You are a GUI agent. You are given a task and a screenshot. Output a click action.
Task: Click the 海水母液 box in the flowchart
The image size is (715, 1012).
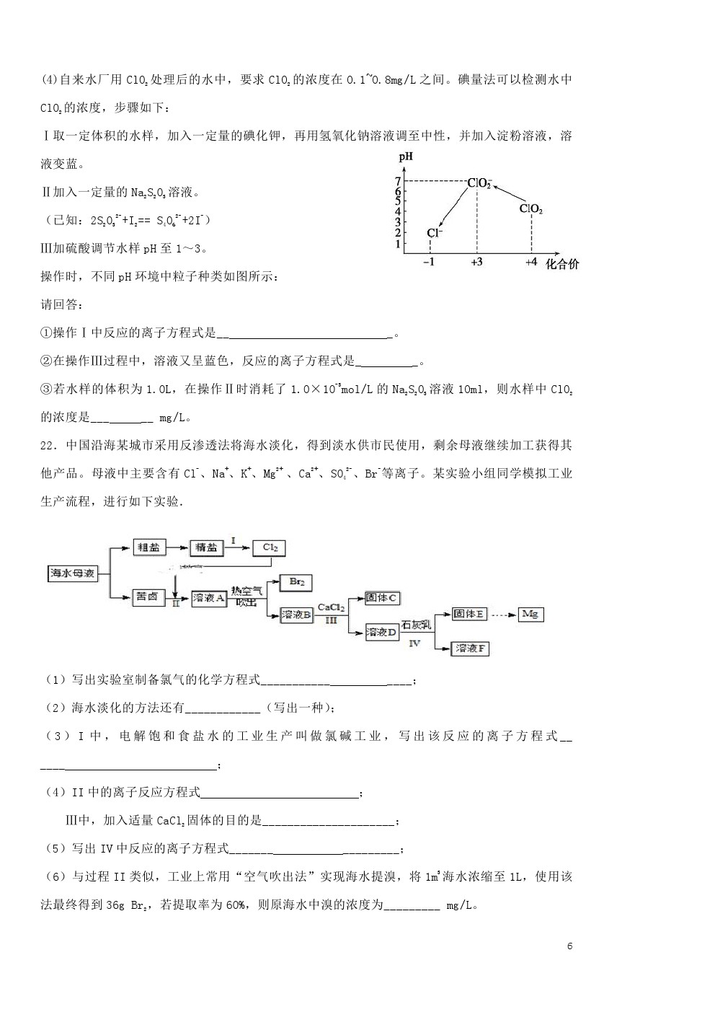72,574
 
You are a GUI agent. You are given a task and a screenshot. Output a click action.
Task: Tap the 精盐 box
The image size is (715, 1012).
206,547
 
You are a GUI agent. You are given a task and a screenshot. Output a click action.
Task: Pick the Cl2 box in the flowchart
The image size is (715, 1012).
270,547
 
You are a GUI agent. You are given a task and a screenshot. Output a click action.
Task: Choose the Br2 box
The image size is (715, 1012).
296,581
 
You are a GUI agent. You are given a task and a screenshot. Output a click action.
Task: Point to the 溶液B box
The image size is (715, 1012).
296,615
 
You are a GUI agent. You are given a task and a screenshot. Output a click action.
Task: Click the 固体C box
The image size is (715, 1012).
382,598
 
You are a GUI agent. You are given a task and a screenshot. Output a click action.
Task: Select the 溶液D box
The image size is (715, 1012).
382,633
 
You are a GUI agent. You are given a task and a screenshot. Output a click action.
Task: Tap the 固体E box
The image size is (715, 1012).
469,614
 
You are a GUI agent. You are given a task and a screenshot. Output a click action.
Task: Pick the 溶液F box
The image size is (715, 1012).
469,648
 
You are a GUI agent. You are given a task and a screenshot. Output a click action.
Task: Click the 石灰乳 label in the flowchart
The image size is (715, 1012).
416,625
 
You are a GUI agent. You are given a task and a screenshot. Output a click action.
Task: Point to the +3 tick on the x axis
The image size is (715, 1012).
476,263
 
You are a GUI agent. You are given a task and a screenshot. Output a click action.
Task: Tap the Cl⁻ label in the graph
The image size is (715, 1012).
433,232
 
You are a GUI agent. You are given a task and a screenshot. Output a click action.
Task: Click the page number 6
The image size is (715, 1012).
569,946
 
